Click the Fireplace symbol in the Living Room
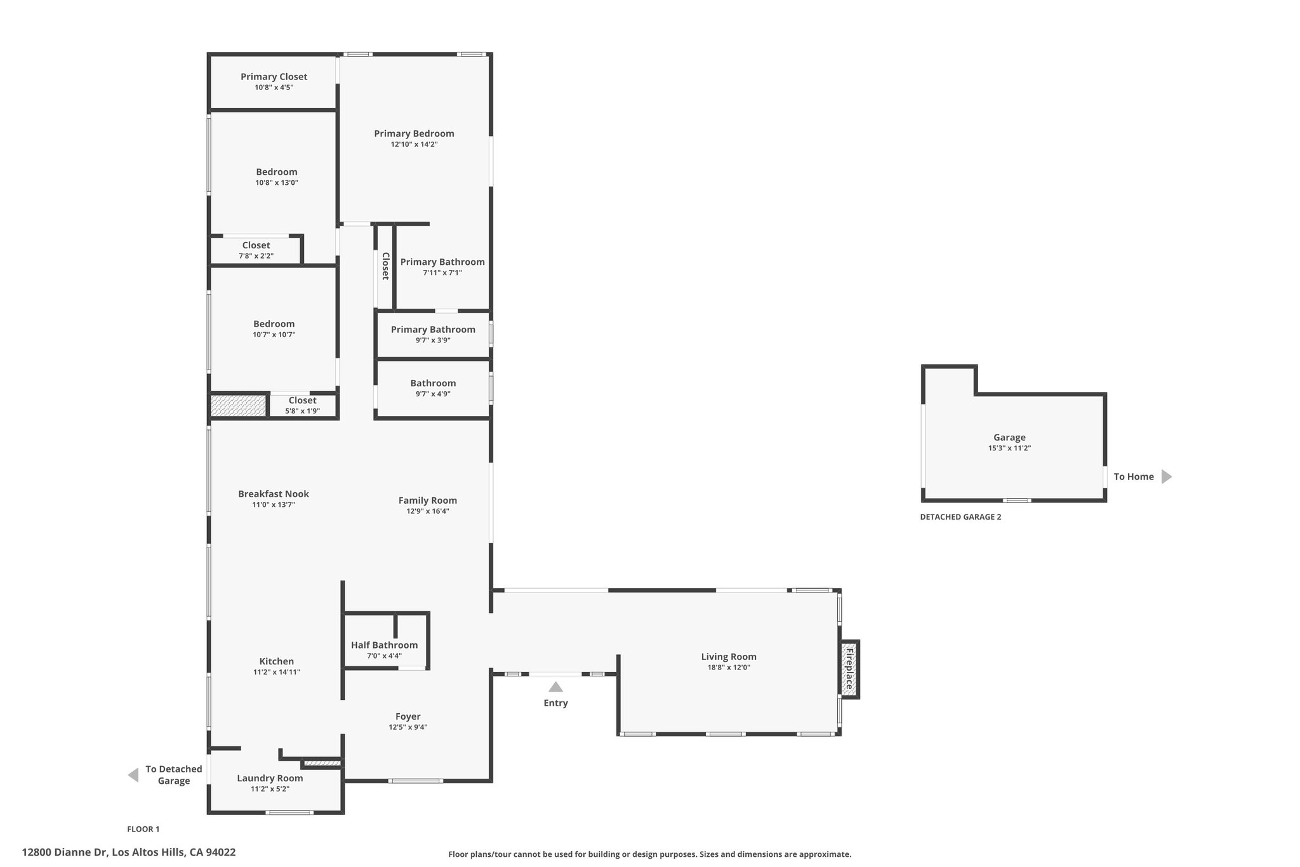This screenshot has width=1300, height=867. (849, 669)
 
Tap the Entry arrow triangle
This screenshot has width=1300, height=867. (555, 687)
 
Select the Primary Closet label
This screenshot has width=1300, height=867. (274, 77)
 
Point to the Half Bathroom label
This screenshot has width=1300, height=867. (384, 645)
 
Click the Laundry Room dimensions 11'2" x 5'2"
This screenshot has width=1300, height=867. (270, 789)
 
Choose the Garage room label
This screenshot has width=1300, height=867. (1009, 437)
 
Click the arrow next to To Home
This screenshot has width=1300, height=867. (1166, 476)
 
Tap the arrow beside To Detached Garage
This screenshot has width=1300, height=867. (133, 775)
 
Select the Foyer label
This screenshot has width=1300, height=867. (408, 716)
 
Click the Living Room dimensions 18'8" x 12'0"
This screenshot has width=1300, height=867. (729, 668)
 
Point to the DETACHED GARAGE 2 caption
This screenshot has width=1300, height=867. (960, 517)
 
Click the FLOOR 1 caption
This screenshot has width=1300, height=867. (143, 829)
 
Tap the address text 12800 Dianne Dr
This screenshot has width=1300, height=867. (63, 852)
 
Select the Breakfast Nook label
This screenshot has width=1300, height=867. (274, 494)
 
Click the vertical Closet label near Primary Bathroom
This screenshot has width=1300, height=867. (385, 266)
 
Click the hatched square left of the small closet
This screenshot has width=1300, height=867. (238, 406)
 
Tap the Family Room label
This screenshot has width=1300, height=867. (428, 501)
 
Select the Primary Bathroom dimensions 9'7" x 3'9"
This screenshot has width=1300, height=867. (433, 340)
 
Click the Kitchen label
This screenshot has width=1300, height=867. (277, 661)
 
